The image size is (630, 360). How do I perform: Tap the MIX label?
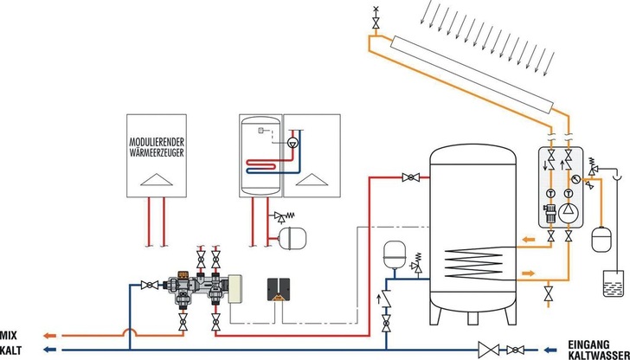[x=10, y=334]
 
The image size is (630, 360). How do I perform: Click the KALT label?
[x=11, y=349]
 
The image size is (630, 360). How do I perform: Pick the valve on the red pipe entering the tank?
[x=409, y=177]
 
